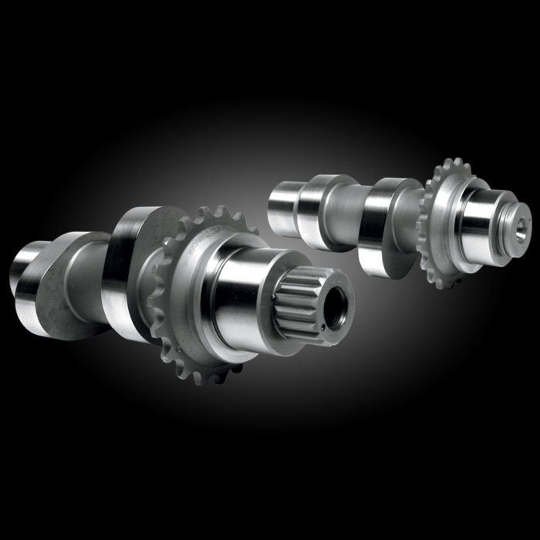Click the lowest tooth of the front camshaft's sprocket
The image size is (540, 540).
click(202, 378)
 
